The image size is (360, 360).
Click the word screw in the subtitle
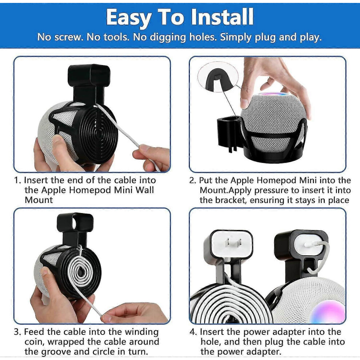(x=68, y=37)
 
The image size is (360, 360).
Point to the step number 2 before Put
(x=192, y=180)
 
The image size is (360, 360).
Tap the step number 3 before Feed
(x=17, y=332)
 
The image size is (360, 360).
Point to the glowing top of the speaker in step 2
(x=273, y=94)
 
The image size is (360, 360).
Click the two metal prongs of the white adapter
(x=233, y=242)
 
